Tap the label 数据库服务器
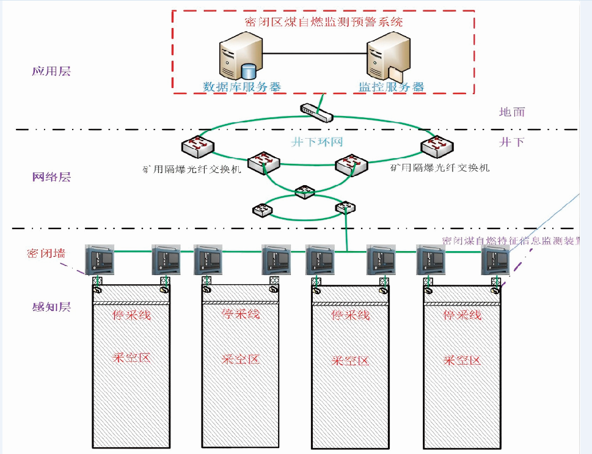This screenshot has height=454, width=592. pos(242,86)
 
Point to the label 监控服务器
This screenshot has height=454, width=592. pos(391,86)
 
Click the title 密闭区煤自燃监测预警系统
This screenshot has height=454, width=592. pos(323,22)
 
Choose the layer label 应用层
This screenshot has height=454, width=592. pos(51,71)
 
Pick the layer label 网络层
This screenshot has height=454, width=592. pos(51,177)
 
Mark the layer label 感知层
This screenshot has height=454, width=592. pos(51,306)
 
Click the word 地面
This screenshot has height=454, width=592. pos(512,112)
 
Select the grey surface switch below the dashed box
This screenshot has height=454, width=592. pos(317,111)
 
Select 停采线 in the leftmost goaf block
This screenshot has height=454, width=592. pos(131,315)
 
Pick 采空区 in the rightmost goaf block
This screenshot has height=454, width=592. pos(462,359)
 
